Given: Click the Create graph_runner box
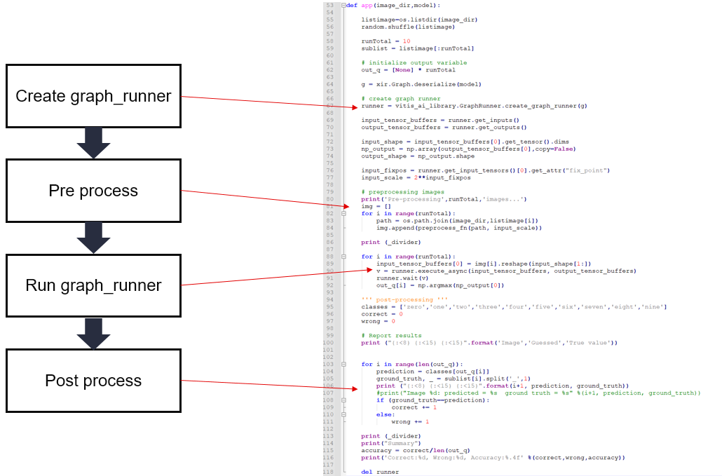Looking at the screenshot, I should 93,96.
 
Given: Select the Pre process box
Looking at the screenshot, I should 93,191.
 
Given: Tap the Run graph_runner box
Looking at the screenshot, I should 93,285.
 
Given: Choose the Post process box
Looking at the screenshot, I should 93,381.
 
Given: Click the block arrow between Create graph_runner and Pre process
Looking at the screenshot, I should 93,143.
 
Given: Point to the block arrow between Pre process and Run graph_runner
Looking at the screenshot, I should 93,238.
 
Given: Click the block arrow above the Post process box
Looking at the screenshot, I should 93,333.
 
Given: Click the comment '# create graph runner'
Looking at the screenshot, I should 401,99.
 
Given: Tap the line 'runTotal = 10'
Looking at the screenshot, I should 386,41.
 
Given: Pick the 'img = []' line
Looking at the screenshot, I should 372,206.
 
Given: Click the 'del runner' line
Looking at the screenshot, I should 380,472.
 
